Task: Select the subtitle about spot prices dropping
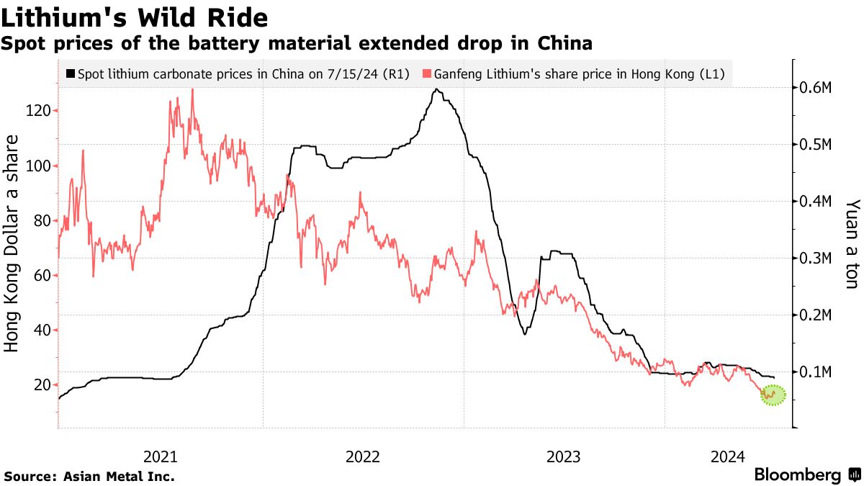point(297,44)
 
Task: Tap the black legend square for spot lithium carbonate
point(70,73)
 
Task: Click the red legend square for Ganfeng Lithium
point(427,73)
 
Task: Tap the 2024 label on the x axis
point(728,456)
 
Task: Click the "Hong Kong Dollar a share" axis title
point(12,243)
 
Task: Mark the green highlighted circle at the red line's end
point(772,395)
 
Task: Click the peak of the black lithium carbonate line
point(436,89)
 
